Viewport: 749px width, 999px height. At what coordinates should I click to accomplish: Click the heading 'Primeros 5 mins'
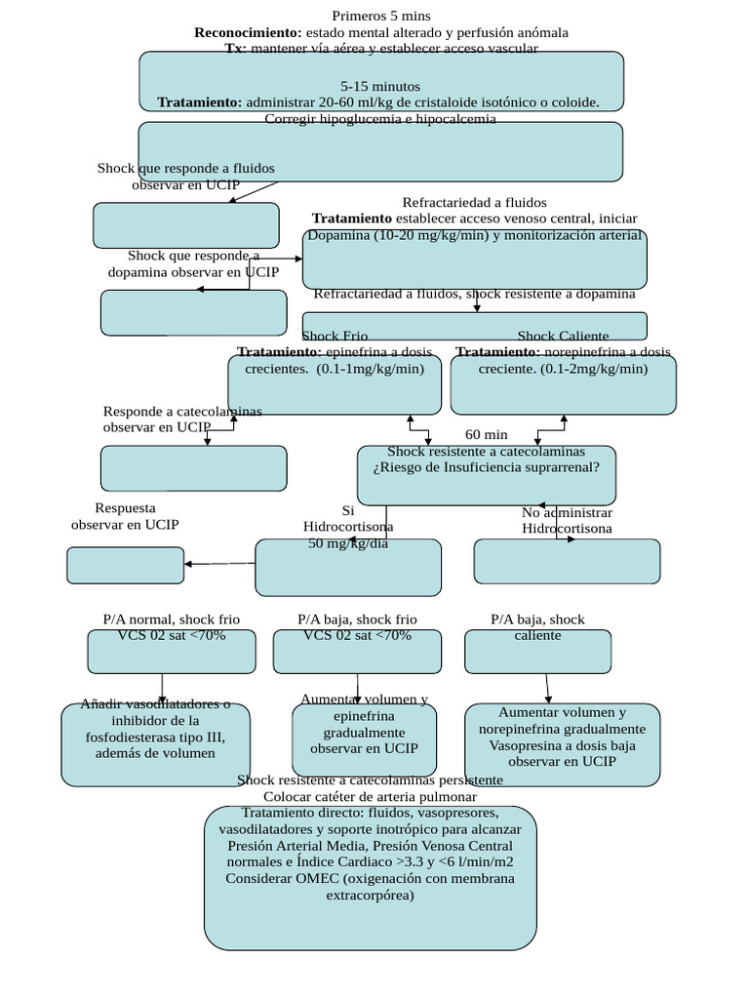tap(380, 16)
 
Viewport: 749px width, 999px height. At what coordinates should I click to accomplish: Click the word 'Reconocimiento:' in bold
tap(248, 32)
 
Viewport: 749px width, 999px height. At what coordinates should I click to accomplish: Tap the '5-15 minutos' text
tap(380, 86)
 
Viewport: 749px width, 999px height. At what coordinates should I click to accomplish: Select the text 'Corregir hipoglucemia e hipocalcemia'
tap(380, 119)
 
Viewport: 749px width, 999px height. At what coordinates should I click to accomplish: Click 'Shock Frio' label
tap(335, 336)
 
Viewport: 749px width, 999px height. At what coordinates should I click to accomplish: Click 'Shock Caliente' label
tap(563, 336)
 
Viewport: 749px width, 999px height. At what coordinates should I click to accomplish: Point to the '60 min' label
tap(486, 434)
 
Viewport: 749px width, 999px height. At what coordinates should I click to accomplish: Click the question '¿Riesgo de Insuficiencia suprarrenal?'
tap(485, 467)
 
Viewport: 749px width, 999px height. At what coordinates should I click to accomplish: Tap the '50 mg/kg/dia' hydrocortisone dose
tap(348, 543)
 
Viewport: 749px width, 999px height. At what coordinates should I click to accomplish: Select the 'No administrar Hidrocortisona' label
tap(567, 520)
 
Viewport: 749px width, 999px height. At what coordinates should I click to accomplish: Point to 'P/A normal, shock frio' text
tap(171, 619)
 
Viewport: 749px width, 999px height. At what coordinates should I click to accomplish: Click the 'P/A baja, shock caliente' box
tap(537, 650)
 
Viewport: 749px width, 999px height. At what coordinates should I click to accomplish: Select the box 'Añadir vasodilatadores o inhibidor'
tap(155, 744)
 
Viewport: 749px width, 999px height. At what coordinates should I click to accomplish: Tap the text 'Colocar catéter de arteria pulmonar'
tap(370, 796)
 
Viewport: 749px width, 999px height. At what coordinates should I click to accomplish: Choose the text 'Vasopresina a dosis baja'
tap(562, 744)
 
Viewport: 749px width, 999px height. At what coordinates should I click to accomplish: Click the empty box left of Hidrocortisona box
tap(125, 565)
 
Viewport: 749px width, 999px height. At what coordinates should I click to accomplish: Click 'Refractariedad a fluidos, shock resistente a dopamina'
tap(474, 294)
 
